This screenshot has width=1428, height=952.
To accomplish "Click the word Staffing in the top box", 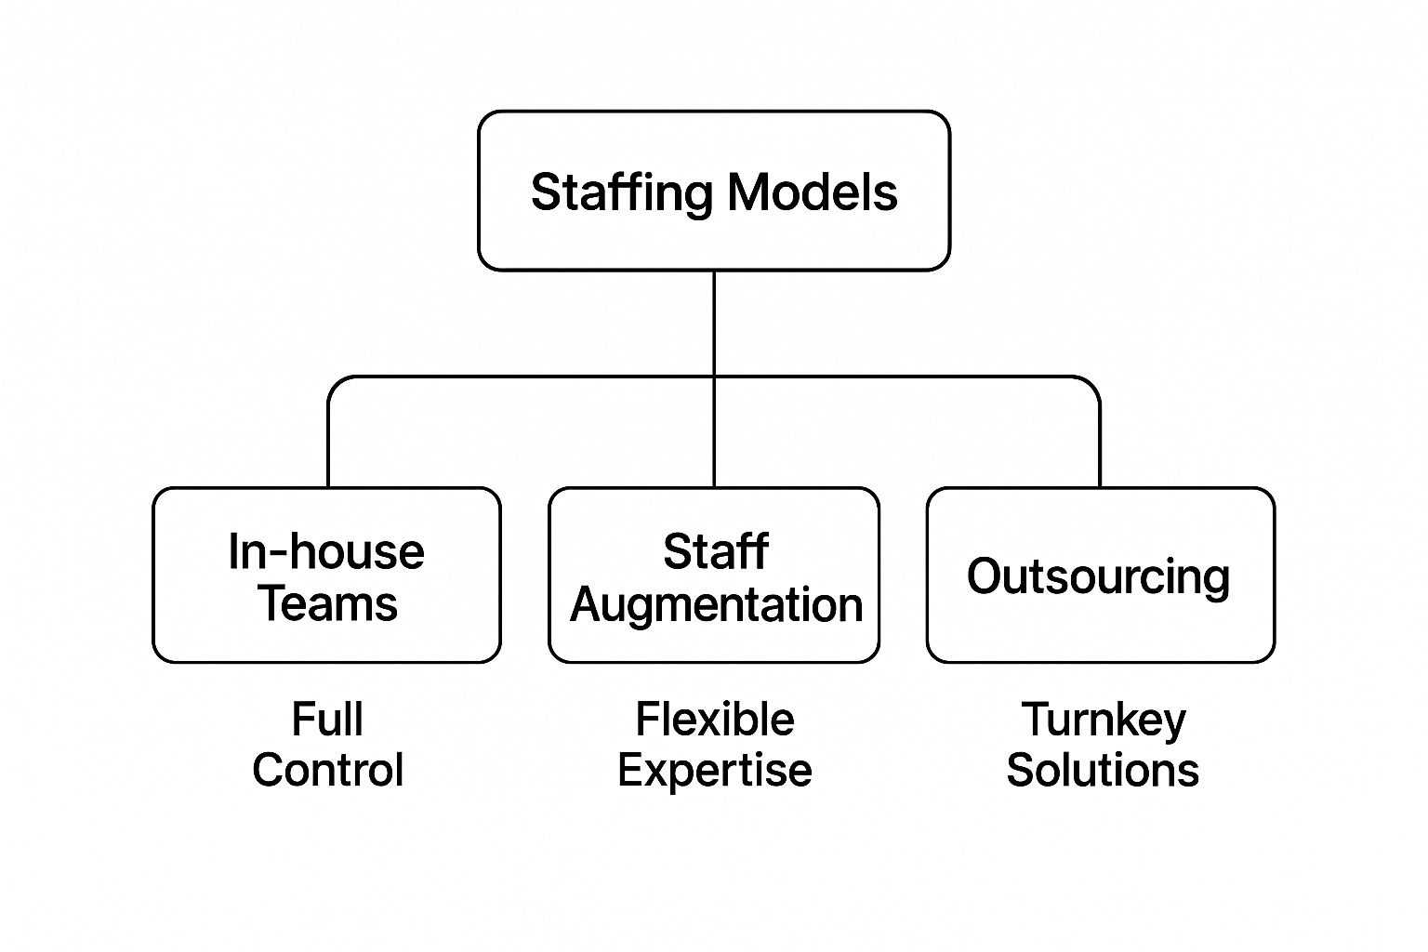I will (x=622, y=193).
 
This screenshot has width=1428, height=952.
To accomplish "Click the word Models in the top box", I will (x=812, y=192).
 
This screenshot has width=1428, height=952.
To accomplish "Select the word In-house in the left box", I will (x=326, y=551).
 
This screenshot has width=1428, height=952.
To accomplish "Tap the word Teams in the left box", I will (x=328, y=603).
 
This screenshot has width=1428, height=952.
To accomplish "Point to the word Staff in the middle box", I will (x=715, y=551).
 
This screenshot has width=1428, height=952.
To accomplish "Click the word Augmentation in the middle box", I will (x=716, y=605).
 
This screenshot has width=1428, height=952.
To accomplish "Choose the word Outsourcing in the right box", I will (x=1098, y=576).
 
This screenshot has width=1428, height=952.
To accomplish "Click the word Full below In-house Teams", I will (x=327, y=720).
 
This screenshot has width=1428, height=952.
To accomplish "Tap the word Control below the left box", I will (x=327, y=770).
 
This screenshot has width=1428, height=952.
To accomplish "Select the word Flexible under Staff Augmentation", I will (x=715, y=720).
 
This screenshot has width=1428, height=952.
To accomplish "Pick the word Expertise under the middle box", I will (x=715, y=770).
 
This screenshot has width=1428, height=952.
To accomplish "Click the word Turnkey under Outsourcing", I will (x=1104, y=720).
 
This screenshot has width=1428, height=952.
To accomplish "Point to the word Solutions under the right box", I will (x=1103, y=770).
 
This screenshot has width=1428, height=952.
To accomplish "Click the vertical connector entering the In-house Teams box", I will (x=328, y=446).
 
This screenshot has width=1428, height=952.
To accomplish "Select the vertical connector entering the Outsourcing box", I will (x=1100, y=446).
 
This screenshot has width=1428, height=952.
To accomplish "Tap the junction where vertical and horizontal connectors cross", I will (x=714, y=377).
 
